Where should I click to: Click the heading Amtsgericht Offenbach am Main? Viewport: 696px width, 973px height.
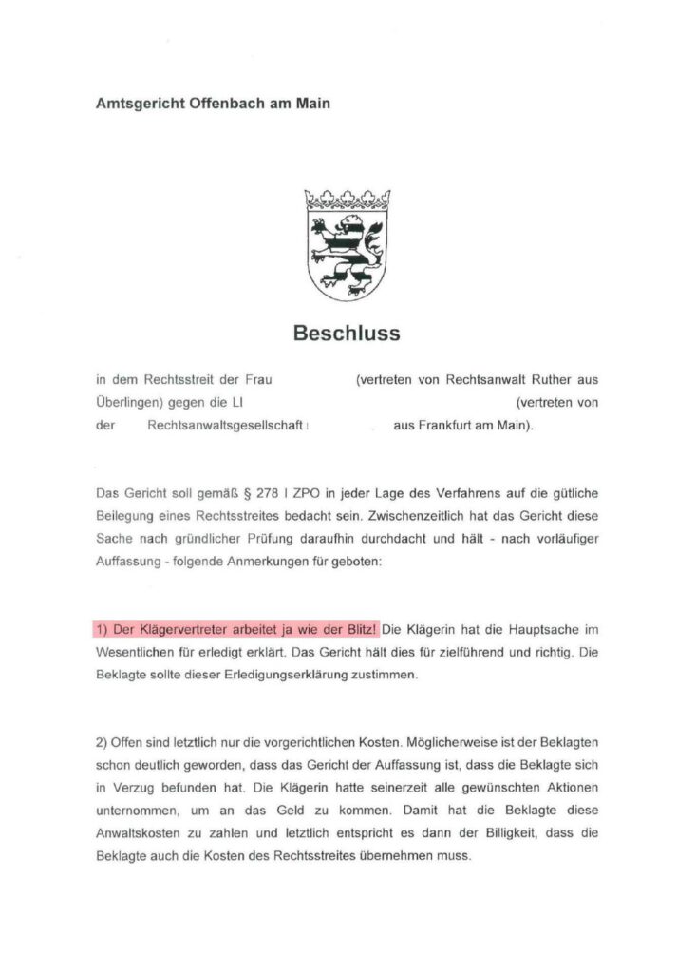[213, 103]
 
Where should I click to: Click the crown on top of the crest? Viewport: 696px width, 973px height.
[347, 200]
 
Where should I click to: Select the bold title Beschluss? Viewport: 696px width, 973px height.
[347, 334]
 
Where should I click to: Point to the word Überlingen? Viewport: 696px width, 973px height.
[130, 403]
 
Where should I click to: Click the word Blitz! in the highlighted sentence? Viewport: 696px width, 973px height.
[359, 630]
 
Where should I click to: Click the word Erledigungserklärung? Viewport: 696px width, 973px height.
[300, 676]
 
